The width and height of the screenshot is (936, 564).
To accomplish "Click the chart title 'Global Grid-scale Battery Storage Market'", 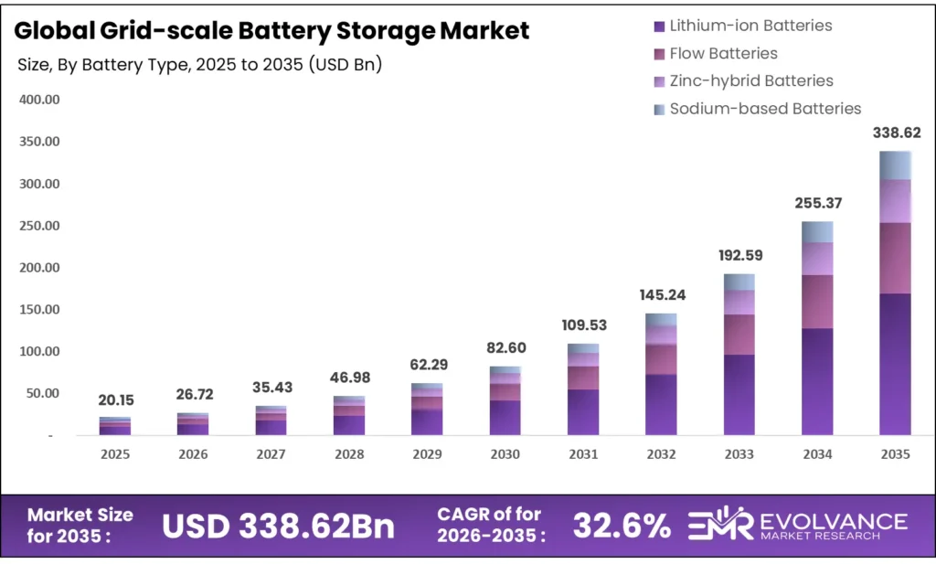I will (x=272, y=30).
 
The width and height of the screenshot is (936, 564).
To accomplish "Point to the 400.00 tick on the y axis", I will (x=39, y=100).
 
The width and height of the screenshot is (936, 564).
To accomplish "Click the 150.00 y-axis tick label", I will (x=39, y=310).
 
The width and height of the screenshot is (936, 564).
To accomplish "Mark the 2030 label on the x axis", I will (x=505, y=454).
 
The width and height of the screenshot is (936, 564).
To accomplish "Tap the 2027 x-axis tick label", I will (x=271, y=454).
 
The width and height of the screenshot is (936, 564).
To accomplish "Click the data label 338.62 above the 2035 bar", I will (x=895, y=133).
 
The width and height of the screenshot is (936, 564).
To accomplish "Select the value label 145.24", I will (x=661, y=295).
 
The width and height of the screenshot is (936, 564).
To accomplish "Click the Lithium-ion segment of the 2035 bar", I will (x=895, y=364).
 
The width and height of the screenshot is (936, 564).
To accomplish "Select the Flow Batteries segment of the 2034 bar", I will (x=817, y=302).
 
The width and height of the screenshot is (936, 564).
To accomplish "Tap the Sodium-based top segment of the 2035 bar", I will (x=895, y=165).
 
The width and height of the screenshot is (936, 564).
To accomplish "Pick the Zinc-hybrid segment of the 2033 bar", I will (x=739, y=303).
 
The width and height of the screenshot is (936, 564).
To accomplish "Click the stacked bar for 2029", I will (x=427, y=410).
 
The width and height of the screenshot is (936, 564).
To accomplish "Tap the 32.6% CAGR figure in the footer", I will (x=622, y=526).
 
